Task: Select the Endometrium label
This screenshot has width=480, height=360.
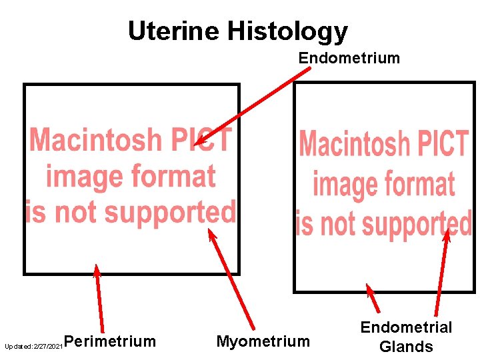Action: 349,58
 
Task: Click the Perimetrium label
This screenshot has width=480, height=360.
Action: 111,342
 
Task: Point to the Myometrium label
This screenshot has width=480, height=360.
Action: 263,342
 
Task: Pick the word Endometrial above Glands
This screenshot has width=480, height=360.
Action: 406,327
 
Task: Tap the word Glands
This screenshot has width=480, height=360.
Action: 406,347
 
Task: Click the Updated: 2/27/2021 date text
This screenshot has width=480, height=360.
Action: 34,347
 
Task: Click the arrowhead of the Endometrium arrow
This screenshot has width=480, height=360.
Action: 199,141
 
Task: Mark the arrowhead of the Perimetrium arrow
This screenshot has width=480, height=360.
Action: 97,269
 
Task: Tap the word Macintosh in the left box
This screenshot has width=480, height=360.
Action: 96,141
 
